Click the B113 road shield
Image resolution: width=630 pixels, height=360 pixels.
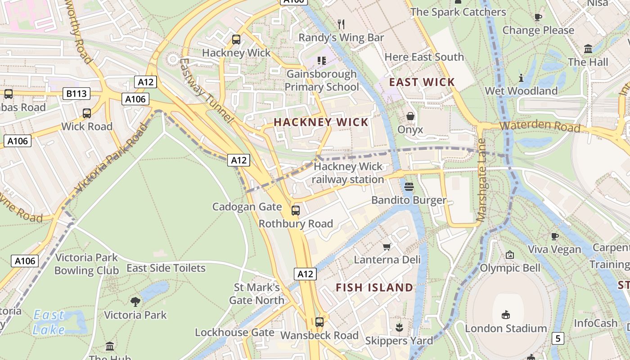(x=76, y=94)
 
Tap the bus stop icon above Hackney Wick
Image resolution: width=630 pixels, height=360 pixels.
(x=236, y=40)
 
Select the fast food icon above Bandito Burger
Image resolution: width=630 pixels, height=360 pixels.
(x=409, y=186)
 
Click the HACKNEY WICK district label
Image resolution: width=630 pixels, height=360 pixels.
(x=321, y=122)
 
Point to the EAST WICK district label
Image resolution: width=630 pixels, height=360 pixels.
(x=422, y=82)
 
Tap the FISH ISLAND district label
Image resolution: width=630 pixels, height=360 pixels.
(x=374, y=287)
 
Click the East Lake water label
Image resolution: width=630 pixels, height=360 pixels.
(x=49, y=322)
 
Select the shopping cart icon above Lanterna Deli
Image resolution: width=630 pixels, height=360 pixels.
(x=387, y=247)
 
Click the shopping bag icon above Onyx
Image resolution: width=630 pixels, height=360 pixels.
(x=410, y=117)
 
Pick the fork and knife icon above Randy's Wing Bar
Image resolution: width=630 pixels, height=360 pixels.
(x=341, y=24)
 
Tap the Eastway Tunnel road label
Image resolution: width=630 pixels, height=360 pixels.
(x=207, y=90)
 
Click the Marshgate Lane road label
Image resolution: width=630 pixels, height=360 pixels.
(x=481, y=180)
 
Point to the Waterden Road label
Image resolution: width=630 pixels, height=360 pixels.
(x=540, y=126)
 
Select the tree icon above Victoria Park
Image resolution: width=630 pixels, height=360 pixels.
(x=135, y=301)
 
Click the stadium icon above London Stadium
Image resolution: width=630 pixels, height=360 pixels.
(x=506, y=315)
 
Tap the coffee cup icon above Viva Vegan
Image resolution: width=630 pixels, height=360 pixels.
(x=555, y=236)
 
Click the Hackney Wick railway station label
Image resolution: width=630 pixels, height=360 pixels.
(x=348, y=173)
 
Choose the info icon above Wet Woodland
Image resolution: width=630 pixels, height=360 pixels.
(x=521, y=78)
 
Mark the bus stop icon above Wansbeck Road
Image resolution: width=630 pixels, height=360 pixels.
(x=319, y=322)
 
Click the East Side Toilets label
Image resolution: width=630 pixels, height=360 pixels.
(x=166, y=268)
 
